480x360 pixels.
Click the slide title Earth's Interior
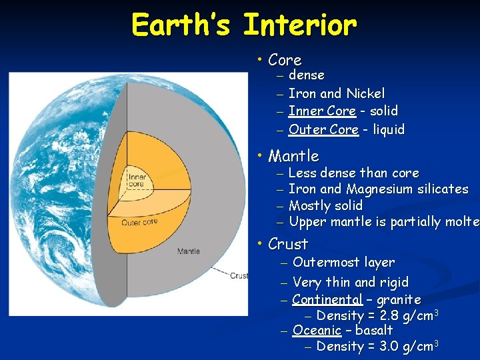244,25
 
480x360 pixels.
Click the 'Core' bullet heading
285,60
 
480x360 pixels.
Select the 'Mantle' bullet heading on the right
293,156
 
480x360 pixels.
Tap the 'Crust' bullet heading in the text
288,244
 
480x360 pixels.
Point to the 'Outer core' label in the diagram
140,222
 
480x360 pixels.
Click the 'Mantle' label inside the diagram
188,251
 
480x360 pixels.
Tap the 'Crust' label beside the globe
238,275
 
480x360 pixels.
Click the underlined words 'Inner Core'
322,111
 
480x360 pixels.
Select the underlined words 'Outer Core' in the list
323,130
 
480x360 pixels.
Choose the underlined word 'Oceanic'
317,331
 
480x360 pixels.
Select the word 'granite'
399,300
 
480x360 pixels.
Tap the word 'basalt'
374,331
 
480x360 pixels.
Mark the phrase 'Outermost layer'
343,263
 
